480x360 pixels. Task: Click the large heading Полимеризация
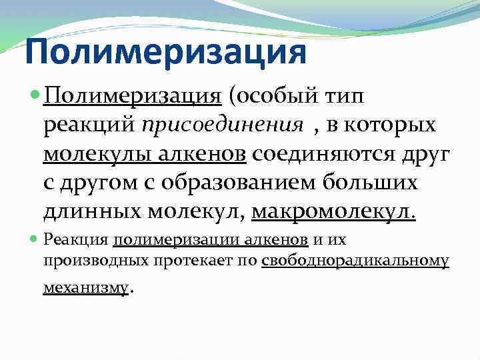click(165, 52)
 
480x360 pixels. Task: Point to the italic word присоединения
click(200, 125)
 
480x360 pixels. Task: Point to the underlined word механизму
click(85, 288)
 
